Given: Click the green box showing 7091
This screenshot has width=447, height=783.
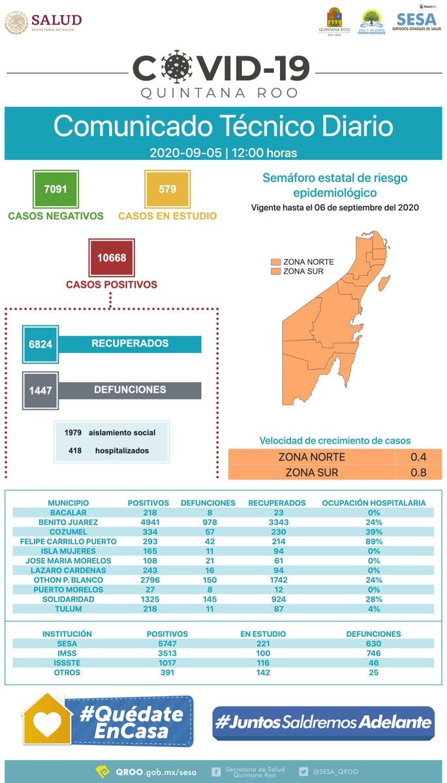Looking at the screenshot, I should [55, 189].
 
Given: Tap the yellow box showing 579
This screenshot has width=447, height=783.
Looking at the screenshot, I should [167, 189].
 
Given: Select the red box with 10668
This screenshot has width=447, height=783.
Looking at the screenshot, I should [112, 257].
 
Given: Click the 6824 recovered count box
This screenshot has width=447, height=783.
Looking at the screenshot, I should [40, 344].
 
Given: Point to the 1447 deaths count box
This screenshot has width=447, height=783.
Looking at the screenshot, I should [40, 390].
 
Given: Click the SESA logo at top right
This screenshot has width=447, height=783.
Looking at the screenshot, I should [416, 20].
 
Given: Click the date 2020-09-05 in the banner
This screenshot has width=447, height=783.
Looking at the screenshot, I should [185, 153].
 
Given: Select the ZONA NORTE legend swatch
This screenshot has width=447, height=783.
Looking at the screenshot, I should [275, 262].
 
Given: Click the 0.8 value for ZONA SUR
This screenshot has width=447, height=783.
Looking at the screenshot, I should [418, 472].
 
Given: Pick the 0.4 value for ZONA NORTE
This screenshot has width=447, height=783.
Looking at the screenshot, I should [418, 457].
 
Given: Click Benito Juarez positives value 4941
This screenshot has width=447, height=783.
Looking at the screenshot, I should [148, 522].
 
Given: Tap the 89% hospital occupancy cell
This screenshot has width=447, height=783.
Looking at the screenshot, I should [374, 542].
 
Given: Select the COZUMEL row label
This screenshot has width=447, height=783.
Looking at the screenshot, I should [68, 532].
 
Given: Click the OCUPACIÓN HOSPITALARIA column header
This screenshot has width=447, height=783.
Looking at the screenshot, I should [374, 503].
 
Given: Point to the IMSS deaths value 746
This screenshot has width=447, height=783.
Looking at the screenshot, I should [373, 653].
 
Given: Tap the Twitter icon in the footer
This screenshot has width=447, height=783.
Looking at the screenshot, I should [303, 771].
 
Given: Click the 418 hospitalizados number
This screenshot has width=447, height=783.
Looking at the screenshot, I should [74, 450].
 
